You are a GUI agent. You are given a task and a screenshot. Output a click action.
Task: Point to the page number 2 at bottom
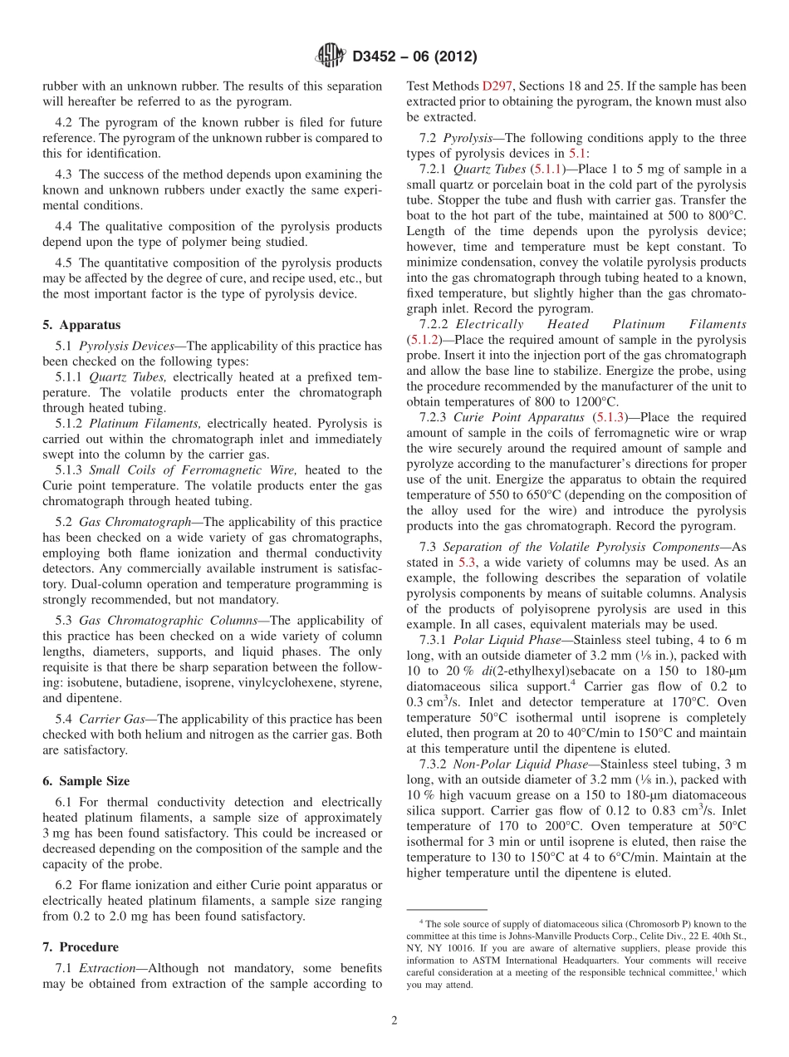pyautogui.click(x=394, y=1020)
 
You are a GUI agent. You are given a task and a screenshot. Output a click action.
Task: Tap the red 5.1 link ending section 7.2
pyautogui.click(x=577, y=153)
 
